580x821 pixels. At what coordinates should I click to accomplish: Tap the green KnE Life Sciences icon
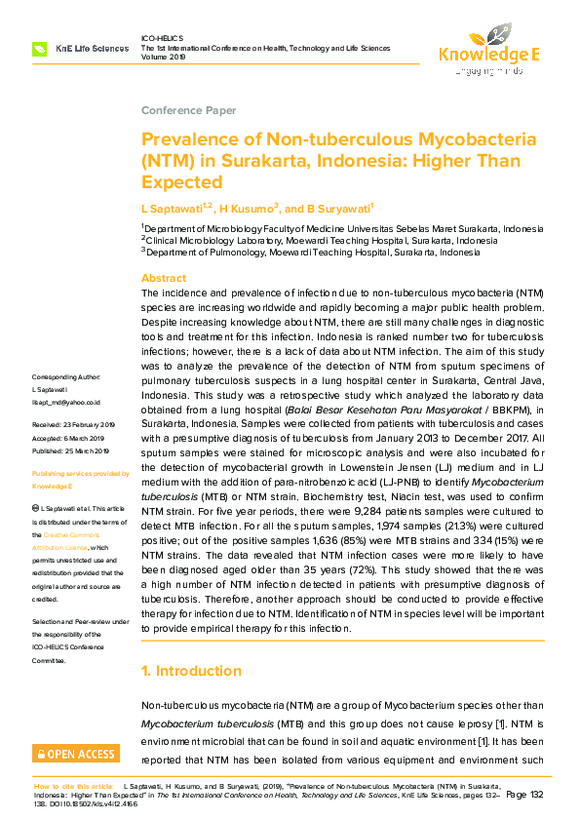[x=40, y=48]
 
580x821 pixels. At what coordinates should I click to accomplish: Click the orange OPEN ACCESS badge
[x=75, y=754]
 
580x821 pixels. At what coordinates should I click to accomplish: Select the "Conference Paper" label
[x=188, y=111]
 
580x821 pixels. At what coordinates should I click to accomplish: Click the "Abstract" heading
[x=164, y=278]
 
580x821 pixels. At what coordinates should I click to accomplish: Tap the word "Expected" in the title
[x=182, y=182]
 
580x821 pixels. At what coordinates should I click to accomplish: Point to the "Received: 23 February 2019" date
[x=74, y=426]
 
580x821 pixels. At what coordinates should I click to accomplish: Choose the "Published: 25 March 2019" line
[x=74, y=451]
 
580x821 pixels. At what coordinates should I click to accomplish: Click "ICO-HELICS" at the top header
[x=162, y=38]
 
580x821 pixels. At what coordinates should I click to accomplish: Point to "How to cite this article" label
[x=74, y=785]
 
